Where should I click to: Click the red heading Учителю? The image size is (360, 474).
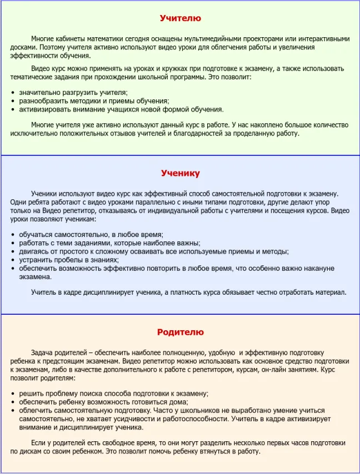[x=180, y=18]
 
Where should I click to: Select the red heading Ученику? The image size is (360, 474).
[x=180, y=173]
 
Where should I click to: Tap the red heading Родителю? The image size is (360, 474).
[x=180, y=332]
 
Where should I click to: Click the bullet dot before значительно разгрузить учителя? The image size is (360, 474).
[x=13, y=93]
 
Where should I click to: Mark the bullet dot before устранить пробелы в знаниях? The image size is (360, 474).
[x=13, y=260]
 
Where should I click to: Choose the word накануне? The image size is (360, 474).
[x=316, y=268]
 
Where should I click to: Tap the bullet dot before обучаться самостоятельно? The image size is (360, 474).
[x=13, y=235]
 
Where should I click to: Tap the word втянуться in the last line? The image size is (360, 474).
[x=222, y=451]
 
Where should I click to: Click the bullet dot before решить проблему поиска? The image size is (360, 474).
[x=13, y=394]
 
